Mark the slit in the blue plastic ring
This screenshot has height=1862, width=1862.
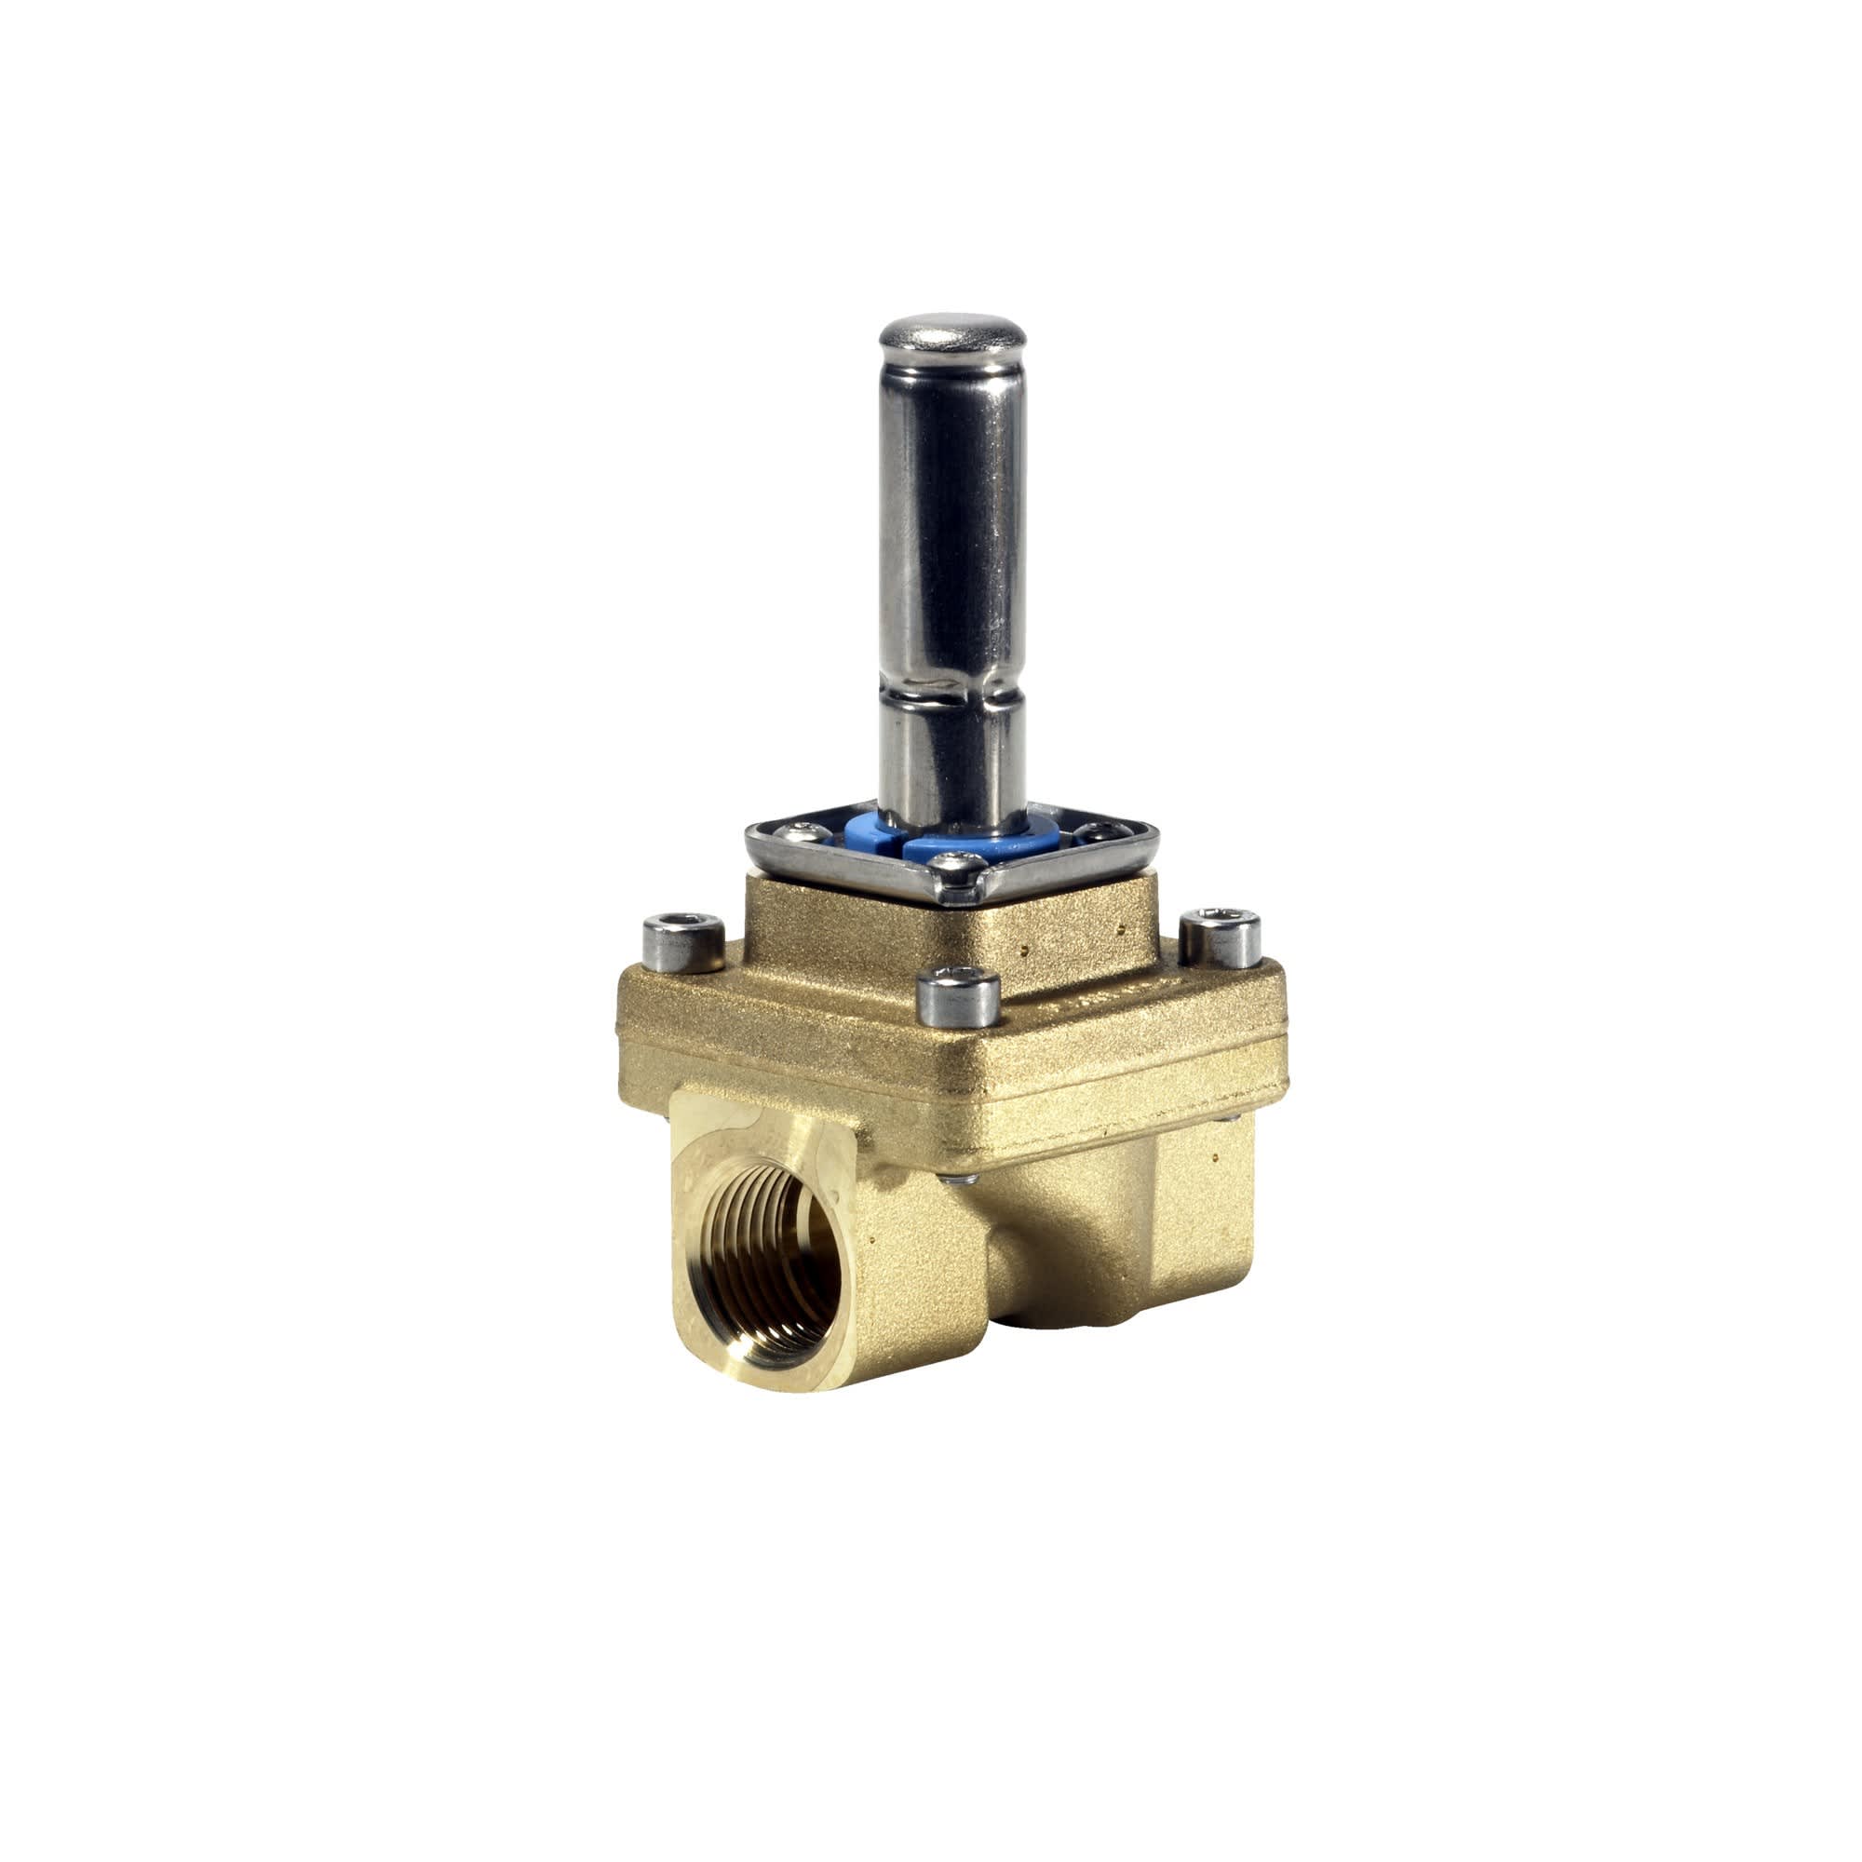click(902, 843)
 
